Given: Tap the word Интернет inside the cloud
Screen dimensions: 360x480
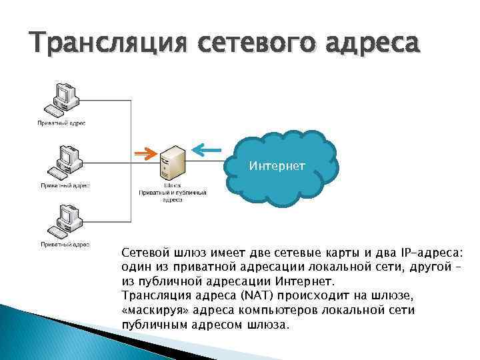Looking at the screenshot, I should point(277,165).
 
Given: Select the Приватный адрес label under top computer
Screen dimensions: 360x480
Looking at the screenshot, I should point(61,123).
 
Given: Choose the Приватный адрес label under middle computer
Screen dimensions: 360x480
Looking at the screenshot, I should point(65,186).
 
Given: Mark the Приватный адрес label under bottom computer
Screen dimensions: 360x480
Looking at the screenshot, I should point(65,245).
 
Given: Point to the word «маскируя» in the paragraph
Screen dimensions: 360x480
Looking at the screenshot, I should point(152,311).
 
